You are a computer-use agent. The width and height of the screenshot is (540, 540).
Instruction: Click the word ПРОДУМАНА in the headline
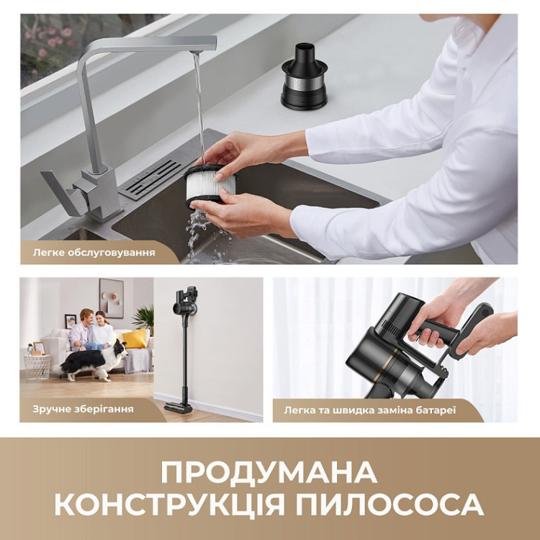pyautogui.click(x=269, y=473)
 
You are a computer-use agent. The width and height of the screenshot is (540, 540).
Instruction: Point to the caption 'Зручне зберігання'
pyautogui.click(x=82, y=408)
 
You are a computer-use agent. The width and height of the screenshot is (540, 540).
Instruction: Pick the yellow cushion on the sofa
pyautogui.click(x=134, y=339)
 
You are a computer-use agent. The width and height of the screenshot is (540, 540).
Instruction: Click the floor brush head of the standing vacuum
pyautogui.click(x=179, y=407)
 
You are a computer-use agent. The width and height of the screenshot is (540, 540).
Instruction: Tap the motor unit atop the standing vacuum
pyautogui.click(x=185, y=301)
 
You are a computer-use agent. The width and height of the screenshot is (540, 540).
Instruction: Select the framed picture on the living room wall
pyautogui.click(x=111, y=297)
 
